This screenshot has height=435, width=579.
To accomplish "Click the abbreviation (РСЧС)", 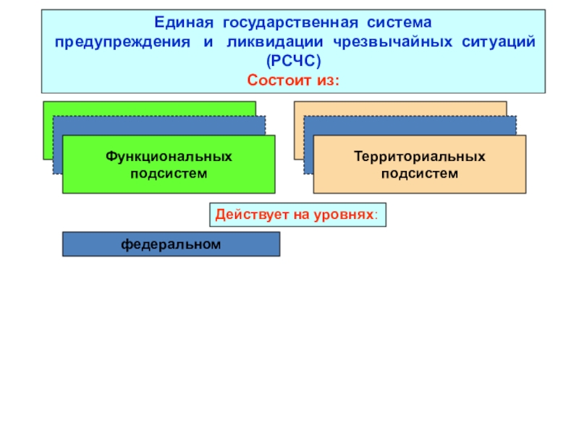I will click(293, 61).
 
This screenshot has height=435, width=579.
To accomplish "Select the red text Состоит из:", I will click(293, 78).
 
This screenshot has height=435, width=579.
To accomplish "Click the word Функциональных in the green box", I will click(169, 157).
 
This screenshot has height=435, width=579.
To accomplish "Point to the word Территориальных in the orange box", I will click(420, 157).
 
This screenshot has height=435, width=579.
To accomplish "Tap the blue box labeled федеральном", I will click(171, 244).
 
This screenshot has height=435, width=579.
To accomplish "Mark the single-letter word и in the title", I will click(208, 43).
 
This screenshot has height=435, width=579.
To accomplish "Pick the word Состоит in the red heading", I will click(279, 78).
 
